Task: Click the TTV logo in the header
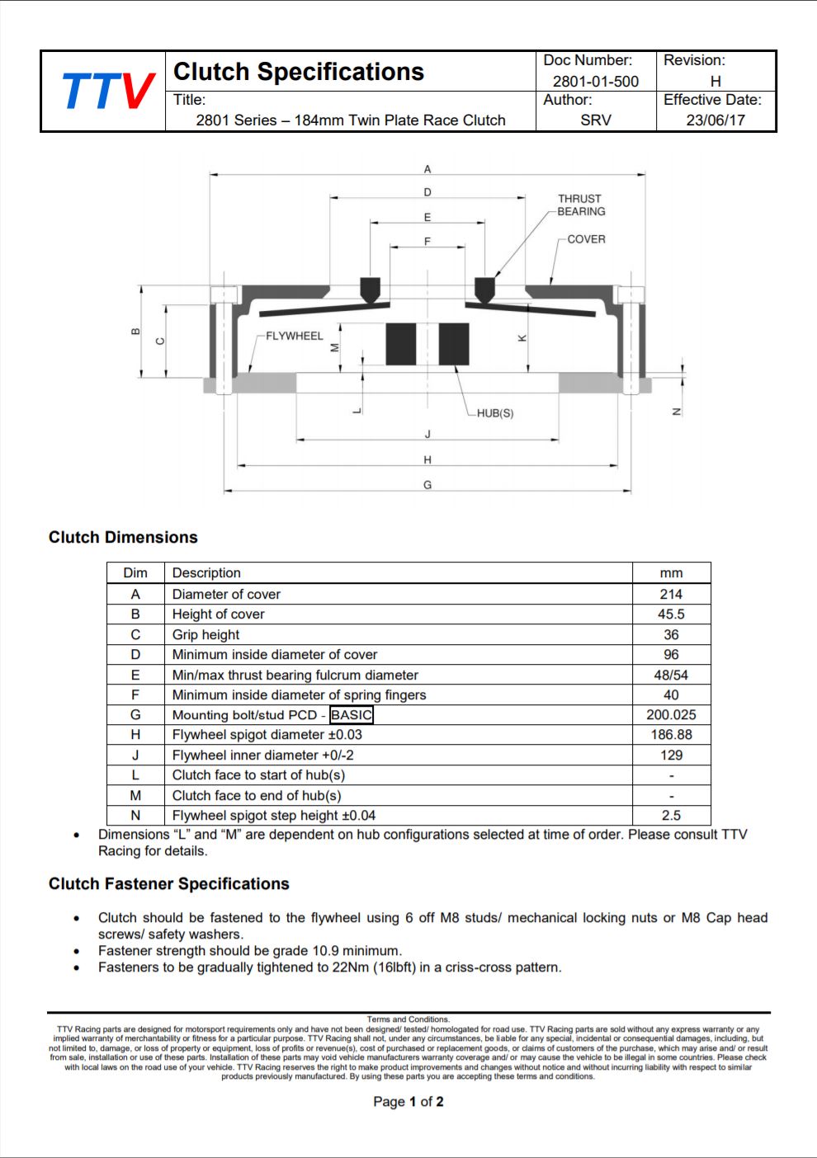(107, 91)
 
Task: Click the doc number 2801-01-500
(595, 81)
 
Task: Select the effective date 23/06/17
(715, 120)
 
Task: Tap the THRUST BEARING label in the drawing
(581, 205)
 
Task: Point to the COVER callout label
(586, 239)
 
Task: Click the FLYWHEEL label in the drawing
(295, 336)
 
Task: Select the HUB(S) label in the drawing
(495, 413)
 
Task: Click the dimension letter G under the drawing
(427, 485)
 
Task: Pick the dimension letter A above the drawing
(427, 169)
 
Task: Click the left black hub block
(401, 344)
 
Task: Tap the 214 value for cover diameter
(671, 594)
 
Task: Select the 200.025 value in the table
(671, 715)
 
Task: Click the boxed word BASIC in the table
(352, 715)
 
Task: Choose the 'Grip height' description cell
(205, 634)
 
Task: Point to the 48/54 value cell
(671, 675)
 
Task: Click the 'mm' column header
(671, 573)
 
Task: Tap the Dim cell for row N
(135, 816)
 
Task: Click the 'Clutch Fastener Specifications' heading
(169, 884)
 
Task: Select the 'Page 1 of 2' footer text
(408, 1102)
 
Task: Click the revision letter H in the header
(715, 81)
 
